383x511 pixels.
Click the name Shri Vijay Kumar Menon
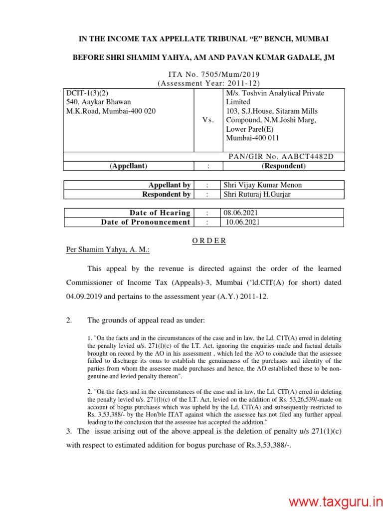263,185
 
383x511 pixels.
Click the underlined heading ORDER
209,241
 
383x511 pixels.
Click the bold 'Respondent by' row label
166,194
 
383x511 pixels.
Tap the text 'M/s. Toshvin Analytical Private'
275,93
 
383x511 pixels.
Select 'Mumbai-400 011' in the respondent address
253,138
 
